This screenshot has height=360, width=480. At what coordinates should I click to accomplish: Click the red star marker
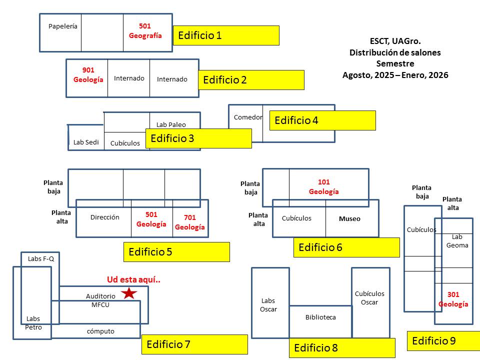tap(129, 293)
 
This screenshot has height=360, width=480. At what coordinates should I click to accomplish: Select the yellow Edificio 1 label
tap(225, 35)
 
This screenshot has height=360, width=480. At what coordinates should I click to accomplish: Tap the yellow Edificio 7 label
tap(194, 344)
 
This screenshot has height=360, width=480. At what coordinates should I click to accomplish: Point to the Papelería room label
tap(63, 26)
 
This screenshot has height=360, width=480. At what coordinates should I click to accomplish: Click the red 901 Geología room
tap(88, 75)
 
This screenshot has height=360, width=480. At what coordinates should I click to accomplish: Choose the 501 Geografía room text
tap(145, 31)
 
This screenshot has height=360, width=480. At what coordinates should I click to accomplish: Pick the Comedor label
tap(248, 117)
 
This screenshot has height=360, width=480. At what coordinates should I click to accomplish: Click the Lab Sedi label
tap(86, 142)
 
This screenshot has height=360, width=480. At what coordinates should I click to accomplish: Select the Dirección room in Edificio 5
tap(105, 217)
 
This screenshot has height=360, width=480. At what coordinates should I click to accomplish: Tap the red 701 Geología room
tap(189, 222)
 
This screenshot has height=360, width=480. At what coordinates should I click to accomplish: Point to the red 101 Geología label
tap(323, 187)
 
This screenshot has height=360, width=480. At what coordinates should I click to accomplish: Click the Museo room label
tap(349, 219)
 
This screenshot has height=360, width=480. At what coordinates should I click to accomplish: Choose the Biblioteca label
tap(320, 317)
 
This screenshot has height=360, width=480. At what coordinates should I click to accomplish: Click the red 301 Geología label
tap(453, 299)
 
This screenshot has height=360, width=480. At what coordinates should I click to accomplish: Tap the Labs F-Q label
tap(41, 259)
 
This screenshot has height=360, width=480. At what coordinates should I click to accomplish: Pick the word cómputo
tap(100, 331)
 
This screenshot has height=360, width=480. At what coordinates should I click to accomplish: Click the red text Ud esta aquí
tap(134, 279)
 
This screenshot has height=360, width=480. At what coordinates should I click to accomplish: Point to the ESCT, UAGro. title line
tap(395, 42)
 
